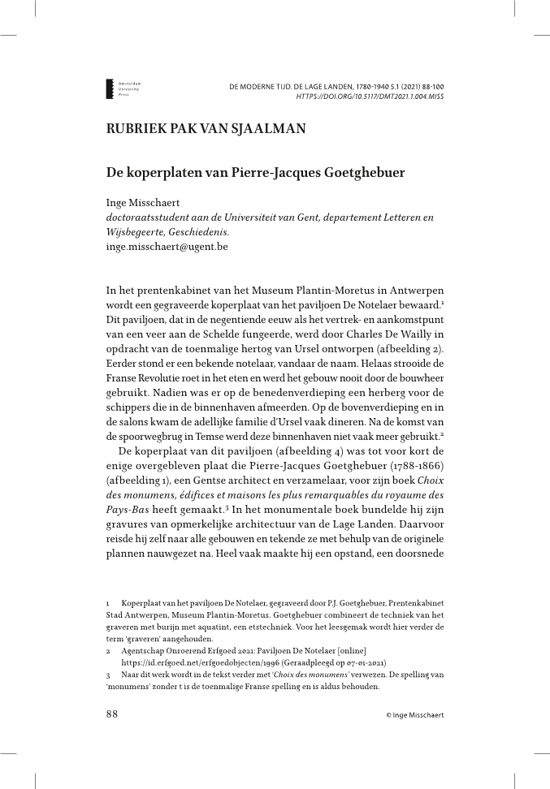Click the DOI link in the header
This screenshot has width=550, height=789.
pyautogui.click(x=370, y=95)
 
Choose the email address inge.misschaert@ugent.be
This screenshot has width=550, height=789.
pyautogui.click(x=167, y=244)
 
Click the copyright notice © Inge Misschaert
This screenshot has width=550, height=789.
pyautogui.click(x=414, y=714)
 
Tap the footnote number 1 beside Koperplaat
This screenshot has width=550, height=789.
pyautogui.click(x=108, y=605)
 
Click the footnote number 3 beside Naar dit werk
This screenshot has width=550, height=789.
pyautogui.click(x=108, y=675)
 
